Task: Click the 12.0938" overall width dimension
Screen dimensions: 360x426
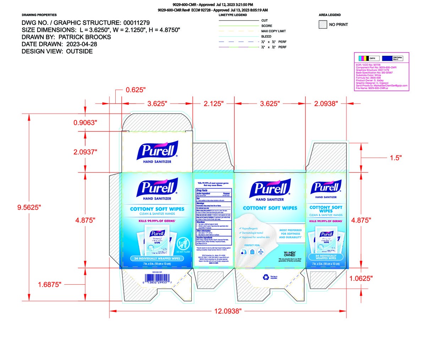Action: [x=228, y=311]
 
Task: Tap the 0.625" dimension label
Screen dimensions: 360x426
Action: [x=136, y=90]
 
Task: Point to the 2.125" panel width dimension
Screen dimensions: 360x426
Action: [x=213, y=104]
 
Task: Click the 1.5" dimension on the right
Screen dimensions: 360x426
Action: [x=395, y=158]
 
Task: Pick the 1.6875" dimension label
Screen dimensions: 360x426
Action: [x=50, y=284]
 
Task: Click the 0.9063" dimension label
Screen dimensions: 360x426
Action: [x=85, y=122]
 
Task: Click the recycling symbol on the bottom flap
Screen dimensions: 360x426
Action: [x=266, y=277]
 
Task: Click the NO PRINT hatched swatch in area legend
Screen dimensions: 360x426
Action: [x=323, y=24]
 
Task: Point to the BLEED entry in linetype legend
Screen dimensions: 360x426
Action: [x=266, y=37]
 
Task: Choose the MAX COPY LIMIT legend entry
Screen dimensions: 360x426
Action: [x=273, y=31]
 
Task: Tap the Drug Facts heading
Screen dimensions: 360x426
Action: [x=202, y=190]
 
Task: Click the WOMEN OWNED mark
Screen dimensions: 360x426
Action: [x=290, y=253]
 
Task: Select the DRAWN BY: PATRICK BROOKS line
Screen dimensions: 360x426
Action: [x=66, y=37]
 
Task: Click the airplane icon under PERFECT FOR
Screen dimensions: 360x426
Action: [x=261, y=252]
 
